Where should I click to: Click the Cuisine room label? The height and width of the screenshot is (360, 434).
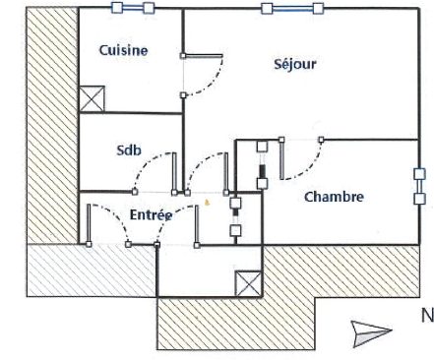pos(123,50)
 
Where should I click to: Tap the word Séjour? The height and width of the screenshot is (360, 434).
pos(295,64)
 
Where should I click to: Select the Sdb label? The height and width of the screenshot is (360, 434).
pos(129,150)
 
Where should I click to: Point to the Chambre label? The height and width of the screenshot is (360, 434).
pos(334,197)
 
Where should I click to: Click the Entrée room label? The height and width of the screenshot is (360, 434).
pos(152,214)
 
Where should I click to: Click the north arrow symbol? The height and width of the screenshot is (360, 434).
pos(371,333)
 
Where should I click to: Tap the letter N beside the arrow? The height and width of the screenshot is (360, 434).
pos(427,316)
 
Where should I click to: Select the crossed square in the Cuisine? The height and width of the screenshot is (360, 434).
pos(92,98)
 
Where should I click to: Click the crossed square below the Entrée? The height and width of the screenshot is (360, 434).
pos(248,283)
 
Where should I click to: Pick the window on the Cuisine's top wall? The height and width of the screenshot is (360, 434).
pos(133,8)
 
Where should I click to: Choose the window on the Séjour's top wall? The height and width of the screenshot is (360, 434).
pos(292,9)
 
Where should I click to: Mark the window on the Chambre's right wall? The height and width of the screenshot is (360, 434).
pos(419,186)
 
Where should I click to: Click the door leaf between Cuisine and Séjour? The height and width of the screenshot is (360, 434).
pos(203,56)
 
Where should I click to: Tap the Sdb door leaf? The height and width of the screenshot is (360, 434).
pos(174,172)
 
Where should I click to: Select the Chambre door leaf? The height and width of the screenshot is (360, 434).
pos(281,159)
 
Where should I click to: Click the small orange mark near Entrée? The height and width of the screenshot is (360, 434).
pos(207,203)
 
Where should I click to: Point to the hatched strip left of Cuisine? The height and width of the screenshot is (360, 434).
pos(52,125)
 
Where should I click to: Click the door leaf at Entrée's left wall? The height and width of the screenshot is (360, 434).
pos(89,224)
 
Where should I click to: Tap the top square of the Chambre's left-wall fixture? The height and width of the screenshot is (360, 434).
pos(262,147)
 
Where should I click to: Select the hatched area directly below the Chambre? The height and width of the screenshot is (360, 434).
pos(341,270)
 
